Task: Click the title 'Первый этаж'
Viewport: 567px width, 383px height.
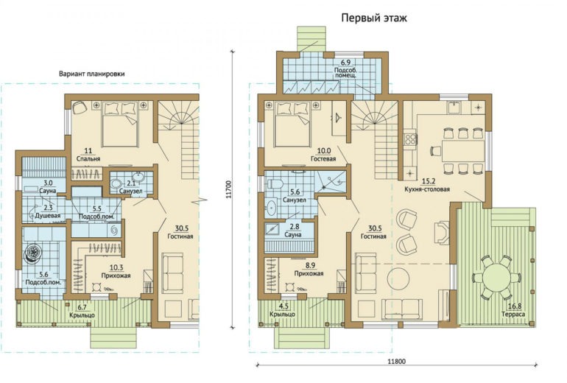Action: pyautogui.click(x=374, y=18)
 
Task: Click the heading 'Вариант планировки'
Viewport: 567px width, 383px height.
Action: pyautogui.click(x=92, y=74)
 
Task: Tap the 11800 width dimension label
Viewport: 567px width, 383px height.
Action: pyautogui.click(x=397, y=361)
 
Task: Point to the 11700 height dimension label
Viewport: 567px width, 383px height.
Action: pyautogui.click(x=228, y=189)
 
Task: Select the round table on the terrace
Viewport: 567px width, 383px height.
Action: pyautogui.click(x=496, y=278)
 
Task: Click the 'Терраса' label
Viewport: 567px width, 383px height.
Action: pyautogui.click(x=513, y=314)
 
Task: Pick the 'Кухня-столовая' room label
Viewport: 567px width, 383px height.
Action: pyautogui.click(x=427, y=189)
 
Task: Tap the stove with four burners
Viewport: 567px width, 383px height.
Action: pyautogui.click(x=410, y=139)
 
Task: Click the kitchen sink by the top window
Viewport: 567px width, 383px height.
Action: pyautogui.click(x=454, y=108)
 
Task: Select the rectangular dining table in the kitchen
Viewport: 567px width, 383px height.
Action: pyautogui.click(x=463, y=150)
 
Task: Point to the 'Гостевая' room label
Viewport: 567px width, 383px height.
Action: pyautogui.click(x=323, y=159)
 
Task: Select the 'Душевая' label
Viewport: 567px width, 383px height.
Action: pyautogui.click(x=48, y=216)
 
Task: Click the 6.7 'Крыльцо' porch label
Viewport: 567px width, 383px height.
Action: pyautogui.click(x=82, y=312)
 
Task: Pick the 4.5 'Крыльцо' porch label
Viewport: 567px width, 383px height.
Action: pyautogui.click(x=282, y=310)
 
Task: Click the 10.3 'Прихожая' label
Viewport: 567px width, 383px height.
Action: pyautogui.click(x=116, y=272)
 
